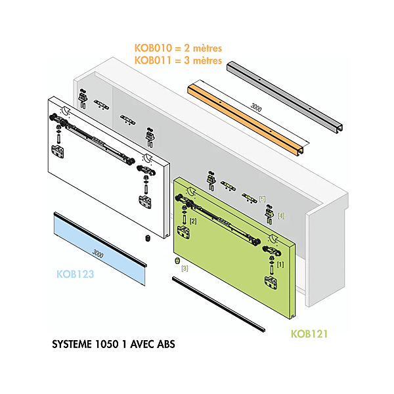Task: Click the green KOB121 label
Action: (x=309, y=334)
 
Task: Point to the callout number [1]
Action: (x=280, y=264)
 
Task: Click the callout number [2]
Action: (x=193, y=221)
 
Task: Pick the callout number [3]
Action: (x=185, y=268)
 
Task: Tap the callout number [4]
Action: (x=281, y=215)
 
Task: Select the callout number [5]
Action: (x=262, y=199)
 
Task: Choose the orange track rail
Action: (x=246, y=119)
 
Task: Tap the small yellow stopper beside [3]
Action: (x=176, y=261)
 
